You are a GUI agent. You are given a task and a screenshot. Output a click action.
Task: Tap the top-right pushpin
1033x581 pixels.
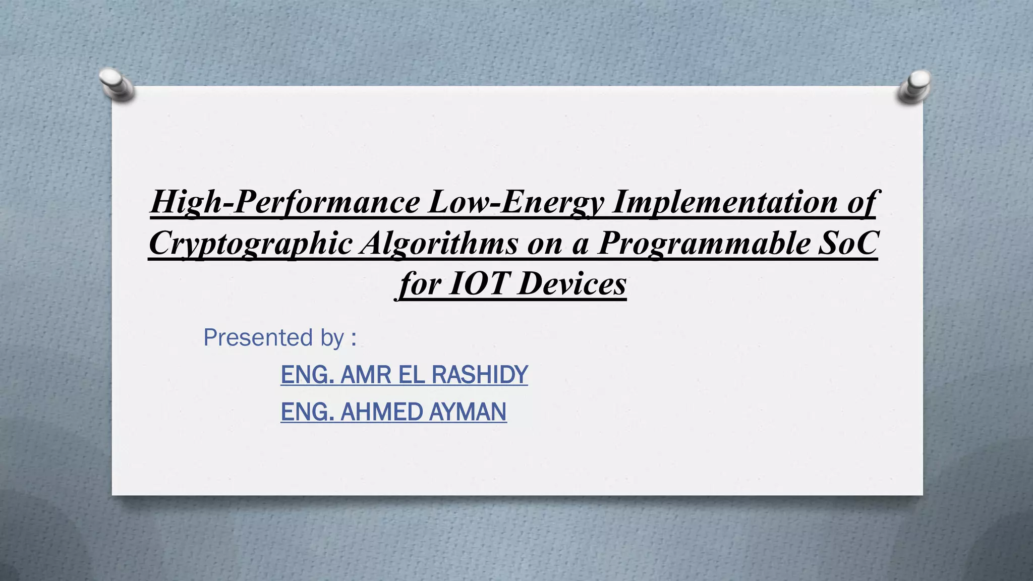coord(914,86)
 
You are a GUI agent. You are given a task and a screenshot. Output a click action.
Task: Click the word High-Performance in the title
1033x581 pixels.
coord(285,202)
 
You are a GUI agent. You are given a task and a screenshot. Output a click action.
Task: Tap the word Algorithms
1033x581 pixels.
coord(439,243)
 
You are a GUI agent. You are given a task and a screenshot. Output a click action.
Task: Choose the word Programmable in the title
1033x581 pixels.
coord(702,243)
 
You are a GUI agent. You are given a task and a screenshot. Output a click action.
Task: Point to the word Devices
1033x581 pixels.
coord(572,283)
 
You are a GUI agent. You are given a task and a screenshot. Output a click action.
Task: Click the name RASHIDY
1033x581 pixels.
coord(480,375)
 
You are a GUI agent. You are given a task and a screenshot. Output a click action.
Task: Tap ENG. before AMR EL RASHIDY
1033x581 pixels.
coord(307,375)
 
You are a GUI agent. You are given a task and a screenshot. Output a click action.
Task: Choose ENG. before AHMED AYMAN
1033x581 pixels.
coord(307,412)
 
